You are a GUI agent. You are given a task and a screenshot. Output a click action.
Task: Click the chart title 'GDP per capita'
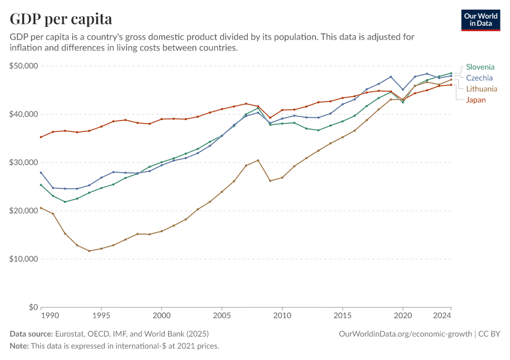coord(61,19)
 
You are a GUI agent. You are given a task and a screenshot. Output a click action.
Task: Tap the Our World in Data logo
coord(480,19)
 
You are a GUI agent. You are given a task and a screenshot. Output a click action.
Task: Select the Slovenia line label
coord(480,67)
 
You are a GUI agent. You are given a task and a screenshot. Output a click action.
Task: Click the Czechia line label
coord(479,78)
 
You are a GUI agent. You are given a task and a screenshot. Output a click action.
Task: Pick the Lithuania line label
coord(482,89)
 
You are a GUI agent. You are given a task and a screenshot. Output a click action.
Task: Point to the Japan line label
coord(476,100)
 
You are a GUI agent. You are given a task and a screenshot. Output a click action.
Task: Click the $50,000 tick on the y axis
coord(24,66)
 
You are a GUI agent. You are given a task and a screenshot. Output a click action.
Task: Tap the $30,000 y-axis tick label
coord(24,163)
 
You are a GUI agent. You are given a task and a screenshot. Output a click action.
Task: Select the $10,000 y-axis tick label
coord(24,259)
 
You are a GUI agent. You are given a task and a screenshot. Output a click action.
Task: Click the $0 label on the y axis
coord(33,307)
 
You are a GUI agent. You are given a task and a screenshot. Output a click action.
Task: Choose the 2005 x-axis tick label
coord(222,315)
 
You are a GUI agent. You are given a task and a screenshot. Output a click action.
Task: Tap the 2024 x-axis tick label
coord(443,315)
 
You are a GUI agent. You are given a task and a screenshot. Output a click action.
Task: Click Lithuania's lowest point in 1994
coord(89,251)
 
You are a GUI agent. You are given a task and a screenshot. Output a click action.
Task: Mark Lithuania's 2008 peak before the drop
coord(258,160)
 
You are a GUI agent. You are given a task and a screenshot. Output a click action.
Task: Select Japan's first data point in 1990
coord(41,137)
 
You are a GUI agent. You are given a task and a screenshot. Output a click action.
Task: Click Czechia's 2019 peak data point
coord(391,77)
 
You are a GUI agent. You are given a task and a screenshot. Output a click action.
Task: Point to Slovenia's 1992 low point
coord(65,202)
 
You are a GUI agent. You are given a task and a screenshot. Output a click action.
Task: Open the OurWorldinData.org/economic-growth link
coord(405,334)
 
